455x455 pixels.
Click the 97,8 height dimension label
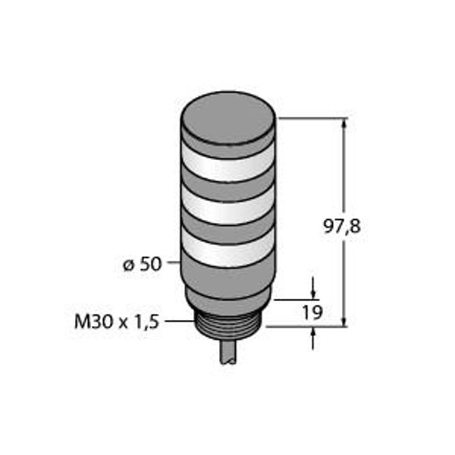click(342, 226)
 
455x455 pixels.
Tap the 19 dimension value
click(312, 312)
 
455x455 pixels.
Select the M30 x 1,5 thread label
click(117, 322)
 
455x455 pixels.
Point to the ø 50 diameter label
click(142, 265)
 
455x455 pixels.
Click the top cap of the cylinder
click(228, 117)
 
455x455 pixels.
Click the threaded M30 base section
click(228, 326)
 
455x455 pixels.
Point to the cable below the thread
click(229, 352)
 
